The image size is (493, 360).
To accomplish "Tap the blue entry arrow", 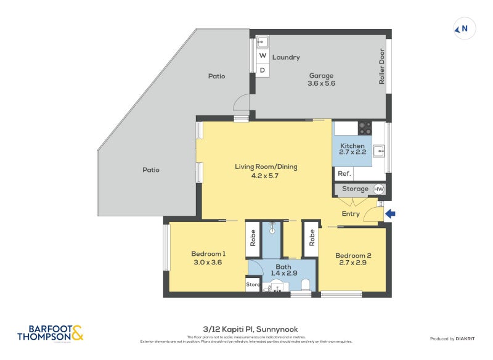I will (x=391, y=214).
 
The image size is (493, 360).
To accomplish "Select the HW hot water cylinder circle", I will (x=378, y=189).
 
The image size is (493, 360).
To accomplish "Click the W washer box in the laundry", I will (x=262, y=56).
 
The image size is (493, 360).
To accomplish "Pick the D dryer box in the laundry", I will (x=262, y=70).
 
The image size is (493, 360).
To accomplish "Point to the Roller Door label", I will (x=382, y=67).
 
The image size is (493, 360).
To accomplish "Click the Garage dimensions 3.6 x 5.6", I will (x=322, y=83).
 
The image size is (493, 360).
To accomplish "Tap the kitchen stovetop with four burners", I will (x=365, y=128).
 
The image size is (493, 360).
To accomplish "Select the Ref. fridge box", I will (x=344, y=174).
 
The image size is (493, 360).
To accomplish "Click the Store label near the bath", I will (x=253, y=285).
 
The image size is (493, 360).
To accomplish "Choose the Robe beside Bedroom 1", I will (x=253, y=239).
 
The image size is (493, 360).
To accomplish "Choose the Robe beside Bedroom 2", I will (x=312, y=239).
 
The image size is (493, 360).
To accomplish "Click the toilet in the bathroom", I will (x=306, y=285).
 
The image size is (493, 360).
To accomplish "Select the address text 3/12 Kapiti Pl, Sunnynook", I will (x=246, y=329).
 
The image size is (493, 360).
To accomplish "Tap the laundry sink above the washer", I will (x=262, y=43).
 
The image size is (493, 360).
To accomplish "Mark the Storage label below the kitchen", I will (x=355, y=189).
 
